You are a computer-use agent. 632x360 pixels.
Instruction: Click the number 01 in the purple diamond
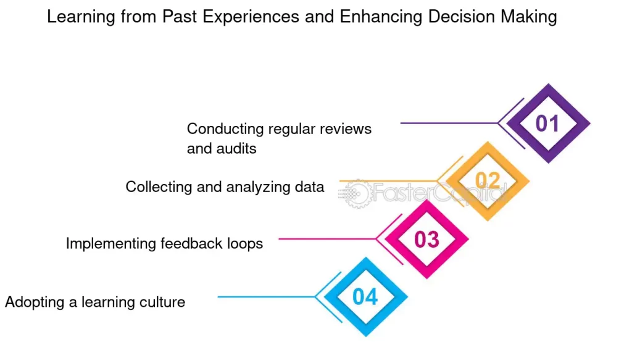coord(547,123)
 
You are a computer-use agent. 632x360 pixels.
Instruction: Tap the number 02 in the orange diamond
coord(488,180)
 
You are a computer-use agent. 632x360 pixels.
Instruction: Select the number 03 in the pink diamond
coord(426,240)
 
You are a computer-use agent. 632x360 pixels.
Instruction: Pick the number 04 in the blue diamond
coord(365,297)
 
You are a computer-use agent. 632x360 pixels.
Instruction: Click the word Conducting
coord(225,129)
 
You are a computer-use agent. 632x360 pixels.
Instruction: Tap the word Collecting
coord(159,187)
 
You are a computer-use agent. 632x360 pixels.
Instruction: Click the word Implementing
coord(111,243)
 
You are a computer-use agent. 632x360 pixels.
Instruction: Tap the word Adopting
coord(35,302)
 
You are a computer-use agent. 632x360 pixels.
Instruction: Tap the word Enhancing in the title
coord(381,17)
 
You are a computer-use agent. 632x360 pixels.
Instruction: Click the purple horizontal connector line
coord(449,123)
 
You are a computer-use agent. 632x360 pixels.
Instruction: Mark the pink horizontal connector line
coord(327,239)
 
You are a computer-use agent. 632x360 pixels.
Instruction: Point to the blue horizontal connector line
coord(267,297)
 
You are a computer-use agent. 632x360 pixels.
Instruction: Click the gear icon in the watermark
coord(356,194)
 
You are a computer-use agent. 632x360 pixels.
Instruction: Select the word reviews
coord(346,129)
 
